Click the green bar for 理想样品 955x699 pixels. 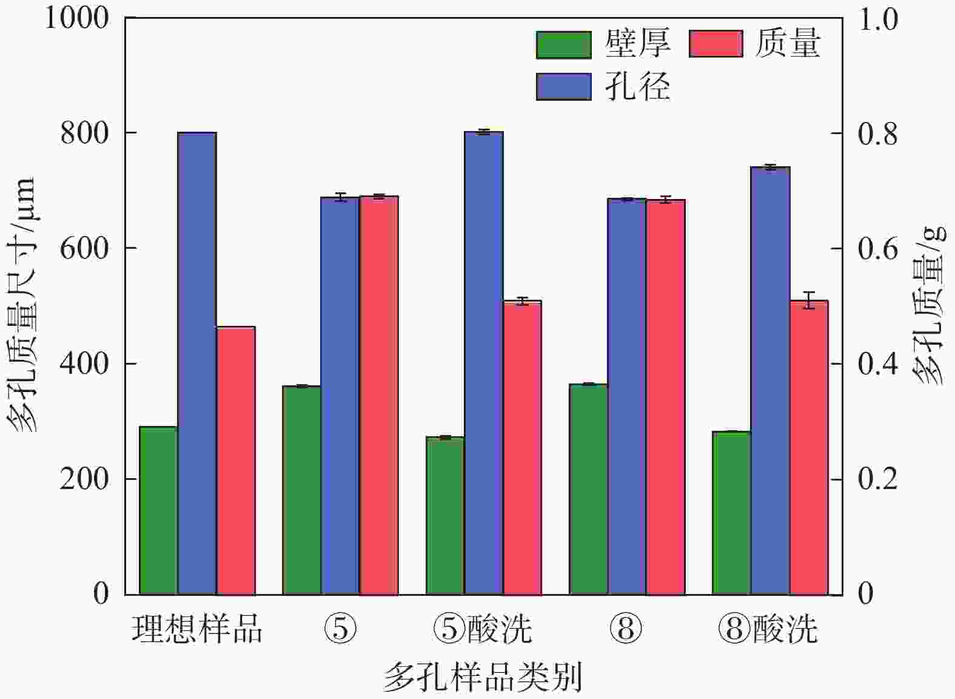[x=158, y=510]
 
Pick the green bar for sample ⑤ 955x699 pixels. [x=301, y=490]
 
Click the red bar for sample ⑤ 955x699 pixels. [x=379, y=395]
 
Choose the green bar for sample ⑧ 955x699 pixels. [x=588, y=489]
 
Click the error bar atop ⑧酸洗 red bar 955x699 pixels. [x=809, y=300]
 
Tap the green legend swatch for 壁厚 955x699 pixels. [x=563, y=45]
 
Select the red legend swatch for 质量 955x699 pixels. [x=715, y=44]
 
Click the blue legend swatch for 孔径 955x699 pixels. [x=563, y=86]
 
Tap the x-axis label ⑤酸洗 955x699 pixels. [x=483, y=629]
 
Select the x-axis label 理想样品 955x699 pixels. [x=197, y=629]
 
